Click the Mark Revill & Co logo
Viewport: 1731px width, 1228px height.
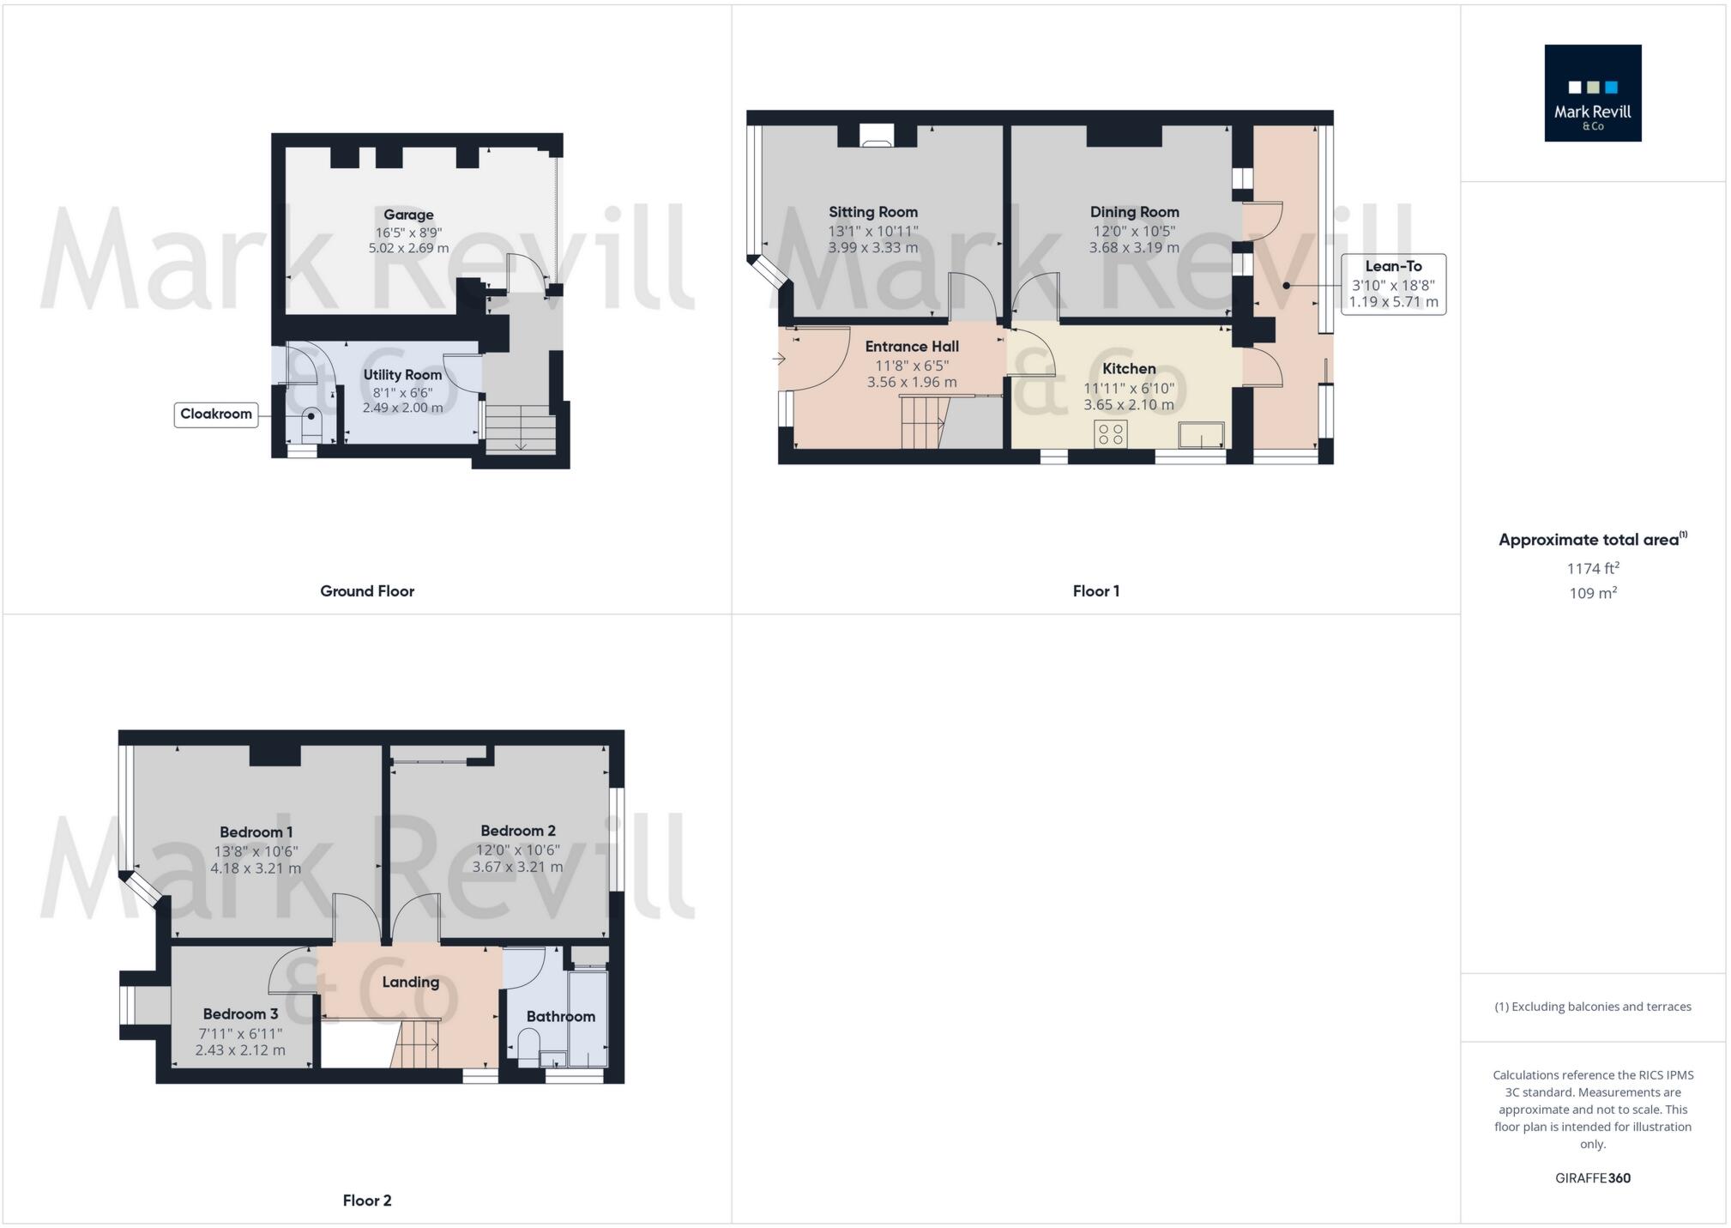[x=1592, y=93]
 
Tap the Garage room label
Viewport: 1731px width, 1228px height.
[x=408, y=215]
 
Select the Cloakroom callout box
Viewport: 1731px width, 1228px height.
[x=216, y=414]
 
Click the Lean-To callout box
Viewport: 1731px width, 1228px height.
[x=1393, y=284]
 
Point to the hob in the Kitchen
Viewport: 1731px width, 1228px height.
[x=1111, y=434]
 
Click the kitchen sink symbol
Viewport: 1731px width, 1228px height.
[x=1201, y=435]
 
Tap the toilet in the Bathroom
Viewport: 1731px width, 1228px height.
[x=528, y=1046]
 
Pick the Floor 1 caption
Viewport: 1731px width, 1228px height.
[x=1095, y=590]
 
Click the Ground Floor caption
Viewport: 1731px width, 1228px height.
[x=367, y=590]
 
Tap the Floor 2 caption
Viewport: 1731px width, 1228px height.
[x=367, y=1200]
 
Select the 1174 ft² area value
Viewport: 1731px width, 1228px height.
[x=1593, y=568]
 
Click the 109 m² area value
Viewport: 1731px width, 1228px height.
[x=1593, y=593]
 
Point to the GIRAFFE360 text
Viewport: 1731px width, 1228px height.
[x=1593, y=1178]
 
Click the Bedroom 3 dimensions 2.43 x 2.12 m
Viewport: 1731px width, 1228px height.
[x=240, y=1050]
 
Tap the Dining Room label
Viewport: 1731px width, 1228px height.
[x=1134, y=212]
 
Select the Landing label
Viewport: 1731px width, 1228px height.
[x=410, y=982]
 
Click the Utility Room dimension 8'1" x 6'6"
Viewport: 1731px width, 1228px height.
[x=402, y=392]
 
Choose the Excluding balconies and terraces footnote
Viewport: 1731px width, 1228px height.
[x=1593, y=1007]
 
